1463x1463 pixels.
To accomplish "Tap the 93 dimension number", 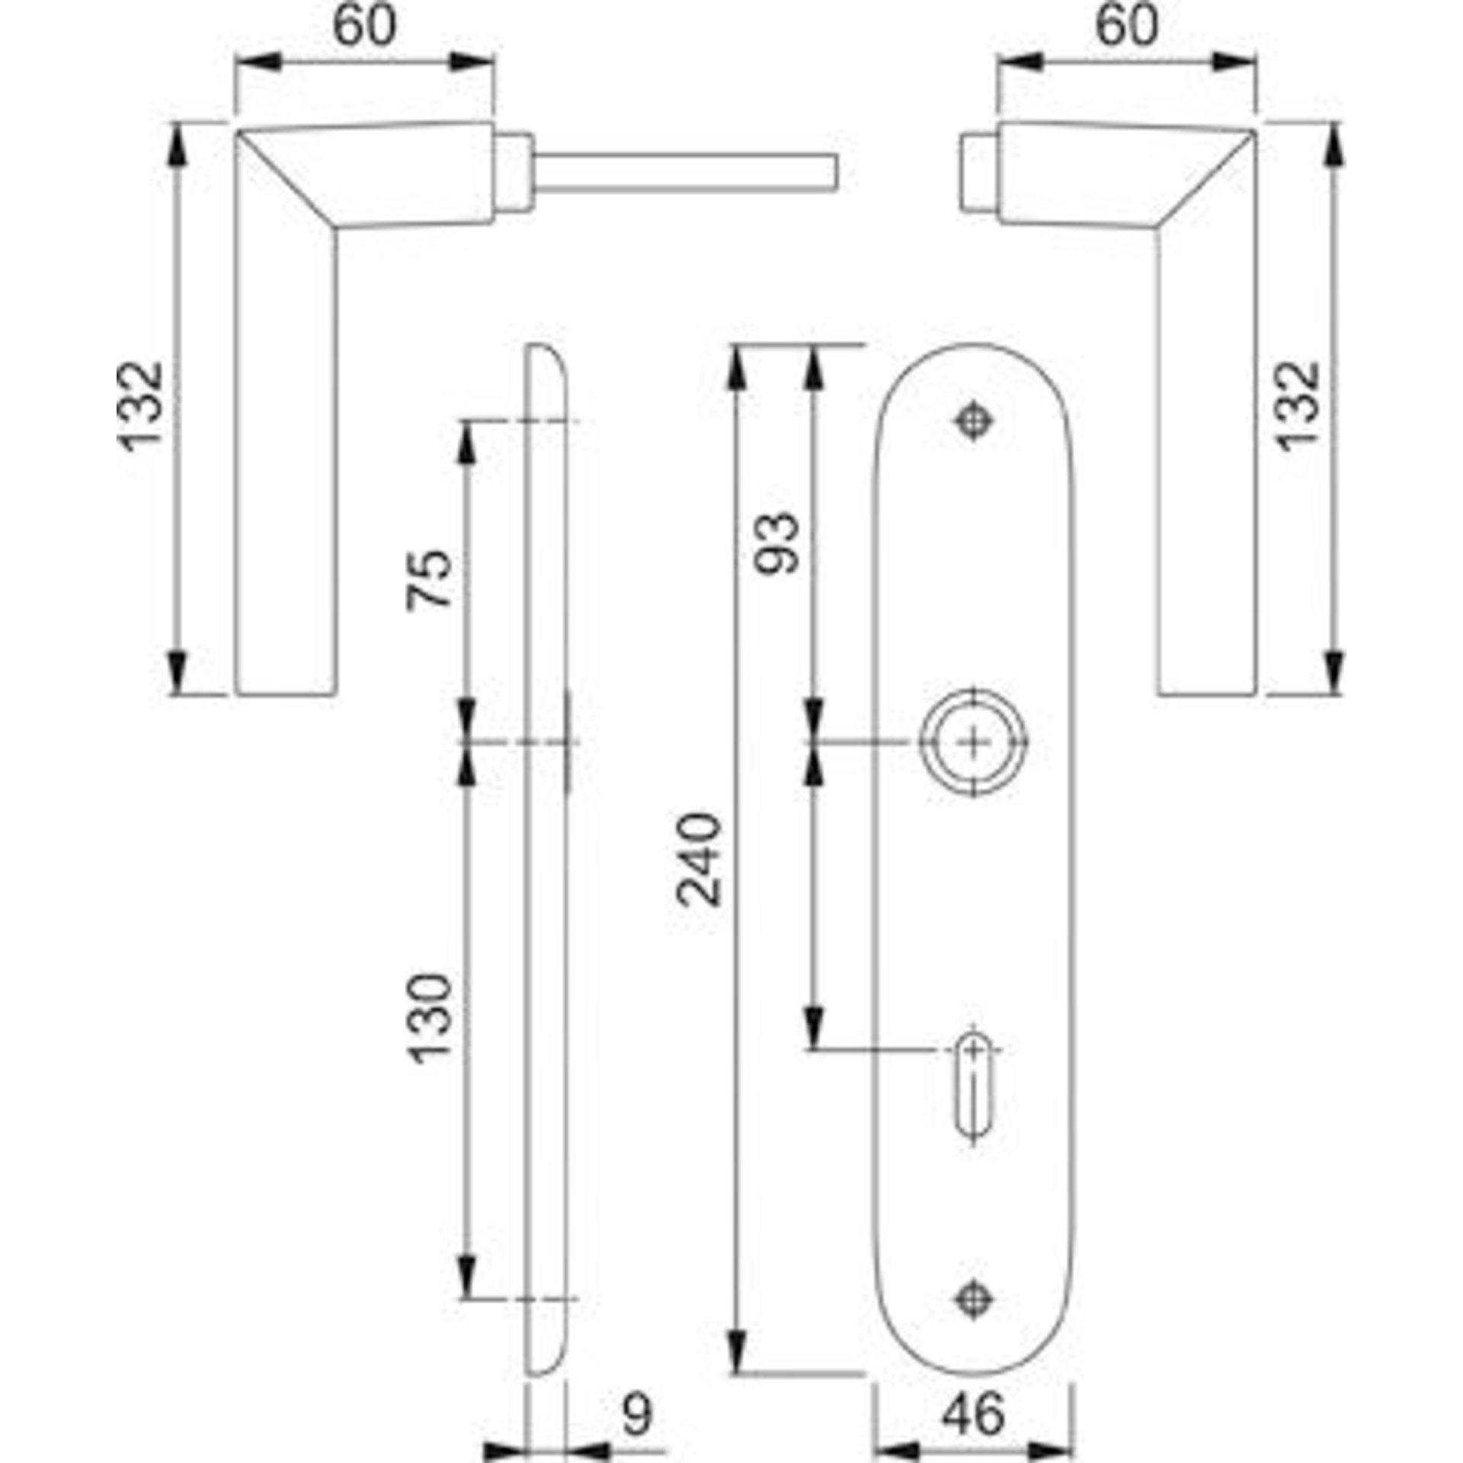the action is point(776,543).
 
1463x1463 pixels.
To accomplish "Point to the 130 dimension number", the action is point(431,1018).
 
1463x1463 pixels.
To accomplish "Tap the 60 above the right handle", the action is point(1127,25).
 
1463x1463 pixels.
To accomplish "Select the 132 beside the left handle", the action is point(140,407).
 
